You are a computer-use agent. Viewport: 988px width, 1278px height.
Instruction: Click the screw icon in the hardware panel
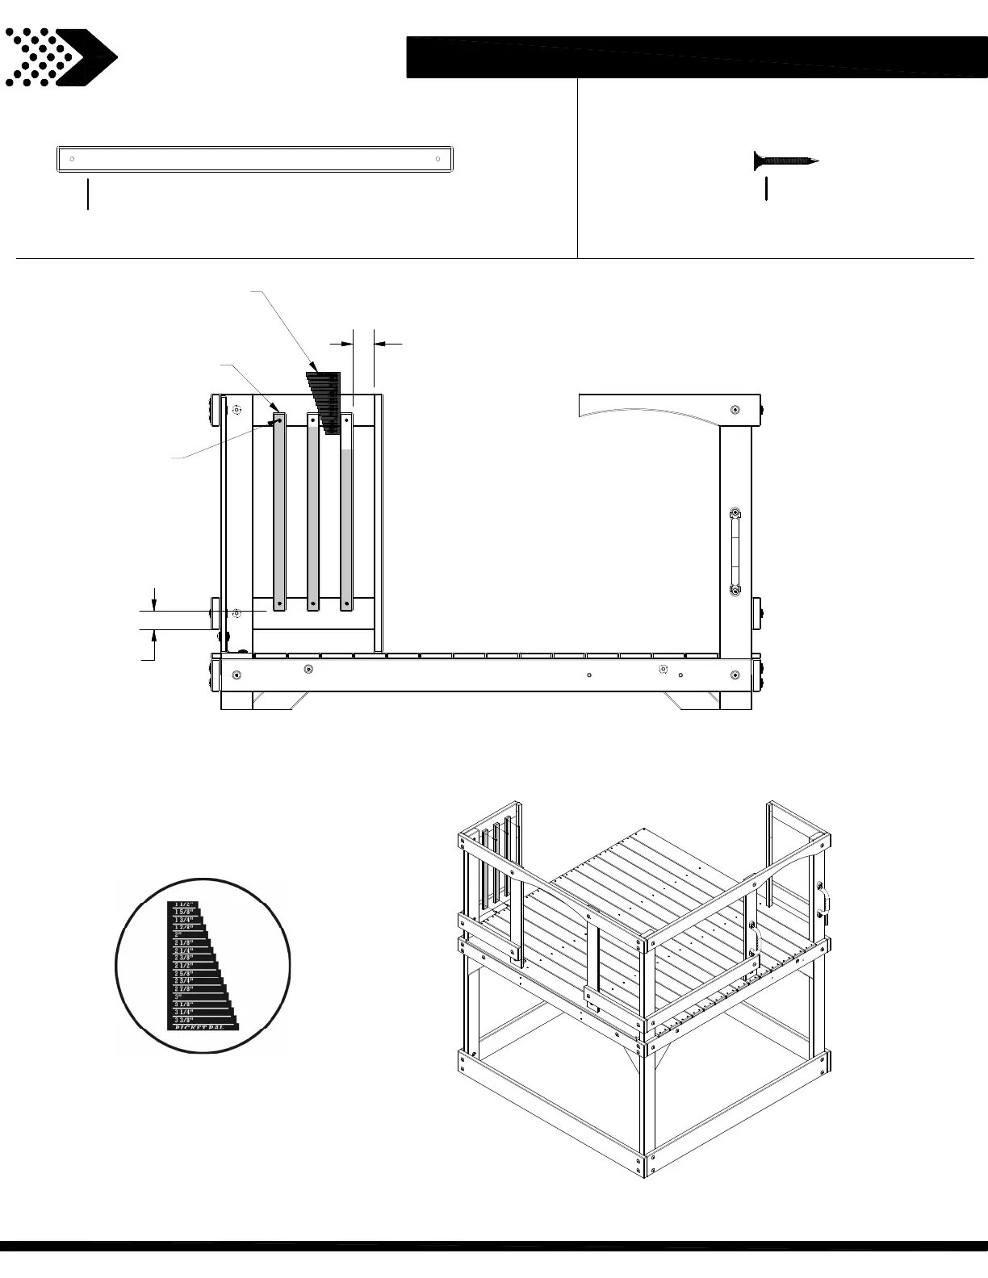[x=785, y=161]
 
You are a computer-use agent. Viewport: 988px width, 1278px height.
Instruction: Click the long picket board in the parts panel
[x=254, y=159]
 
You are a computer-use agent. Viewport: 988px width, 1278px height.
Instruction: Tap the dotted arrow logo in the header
[x=61, y=57]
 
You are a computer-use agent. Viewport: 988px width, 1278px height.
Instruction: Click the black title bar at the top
[x=696, y=57]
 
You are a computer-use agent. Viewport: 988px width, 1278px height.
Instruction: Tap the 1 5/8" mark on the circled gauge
[x=182, y=912]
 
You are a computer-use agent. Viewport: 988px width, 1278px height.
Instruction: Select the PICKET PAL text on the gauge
[x=202, y=1027]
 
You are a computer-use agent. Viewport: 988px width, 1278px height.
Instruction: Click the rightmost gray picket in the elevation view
[x=346, y=524]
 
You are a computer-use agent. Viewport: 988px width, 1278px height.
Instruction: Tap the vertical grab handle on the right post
[x=735, y=552]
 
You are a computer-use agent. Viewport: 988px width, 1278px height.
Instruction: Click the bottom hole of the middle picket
[x=313, y=601]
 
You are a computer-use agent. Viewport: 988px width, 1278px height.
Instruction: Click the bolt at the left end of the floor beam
[x=236, y=674]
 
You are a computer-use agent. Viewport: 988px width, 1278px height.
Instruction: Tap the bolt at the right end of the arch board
[x=735, y=410]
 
